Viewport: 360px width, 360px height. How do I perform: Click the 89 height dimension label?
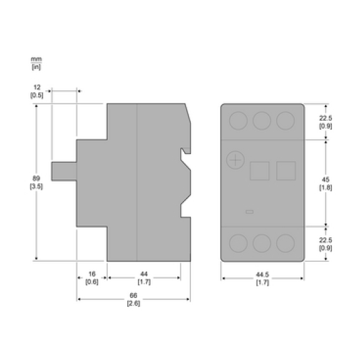coord(36,178)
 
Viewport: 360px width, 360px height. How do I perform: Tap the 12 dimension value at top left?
coord(37,87)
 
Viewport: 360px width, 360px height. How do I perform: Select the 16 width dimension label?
coord(92,274)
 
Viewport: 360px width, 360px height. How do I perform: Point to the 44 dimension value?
coord(144,274)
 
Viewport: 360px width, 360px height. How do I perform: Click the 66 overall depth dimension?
coord(133,296)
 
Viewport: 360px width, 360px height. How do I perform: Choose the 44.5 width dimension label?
coord(262,274)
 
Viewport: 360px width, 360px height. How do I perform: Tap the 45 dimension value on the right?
coord(326,179)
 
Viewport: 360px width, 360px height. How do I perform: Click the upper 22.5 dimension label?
coord(326,118)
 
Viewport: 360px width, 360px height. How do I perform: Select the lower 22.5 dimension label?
coord(326,240)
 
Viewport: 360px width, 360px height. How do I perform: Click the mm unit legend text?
coord(36,59)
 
